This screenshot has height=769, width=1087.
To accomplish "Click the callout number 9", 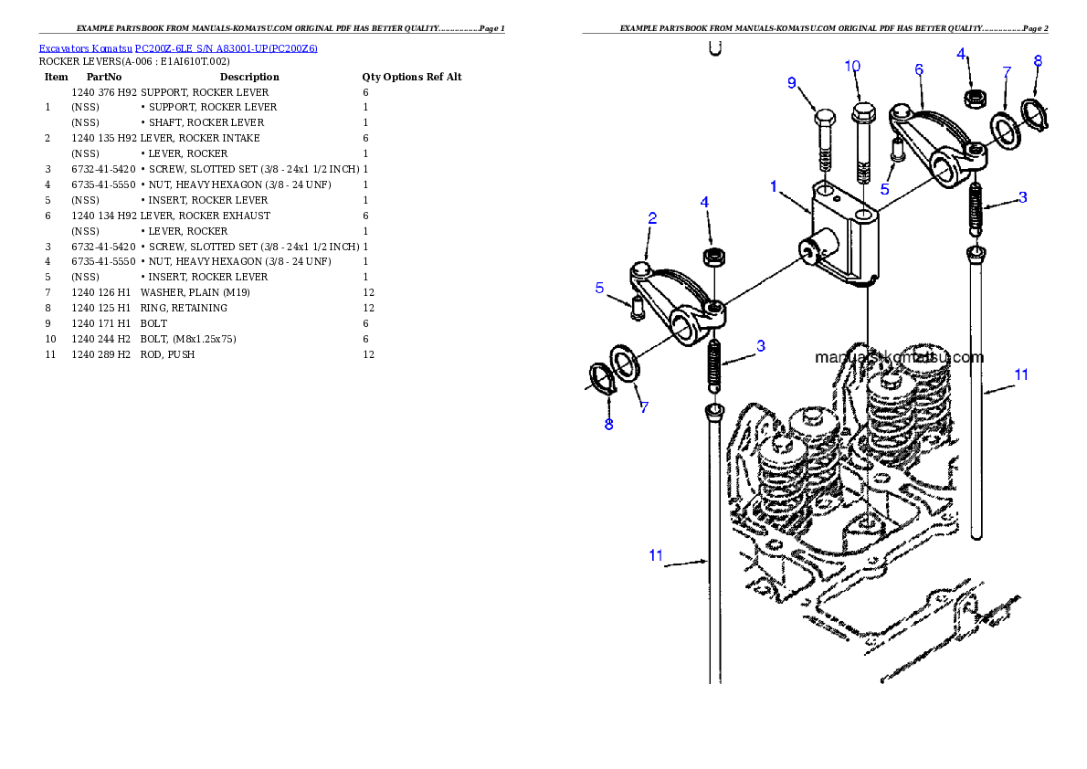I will [x=793, y=83].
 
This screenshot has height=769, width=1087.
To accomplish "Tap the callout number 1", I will [x=774, y=186].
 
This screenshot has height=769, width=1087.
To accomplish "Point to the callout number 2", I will [x=652, y=218].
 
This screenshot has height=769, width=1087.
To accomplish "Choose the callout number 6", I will [x=918, y=69].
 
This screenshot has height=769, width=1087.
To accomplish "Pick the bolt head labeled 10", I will [x=862, y=113].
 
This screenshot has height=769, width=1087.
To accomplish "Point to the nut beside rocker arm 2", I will [x=712, y=255].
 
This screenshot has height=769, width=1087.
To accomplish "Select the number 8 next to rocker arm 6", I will [x=1037, y=61].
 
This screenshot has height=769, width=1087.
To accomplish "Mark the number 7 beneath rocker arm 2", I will [x=644, y=408].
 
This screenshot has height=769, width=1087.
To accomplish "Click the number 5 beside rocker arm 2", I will [x=600, y=288].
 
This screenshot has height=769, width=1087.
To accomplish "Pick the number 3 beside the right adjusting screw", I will [x=1022, y=197].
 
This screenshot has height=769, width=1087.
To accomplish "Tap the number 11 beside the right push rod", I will [x=1021, y=374].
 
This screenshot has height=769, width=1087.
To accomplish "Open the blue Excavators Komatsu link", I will [x=178, y=48].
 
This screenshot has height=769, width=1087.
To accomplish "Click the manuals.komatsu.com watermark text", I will [x=899, y=358].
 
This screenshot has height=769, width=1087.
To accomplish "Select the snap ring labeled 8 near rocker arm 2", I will [x=604, y=378].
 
